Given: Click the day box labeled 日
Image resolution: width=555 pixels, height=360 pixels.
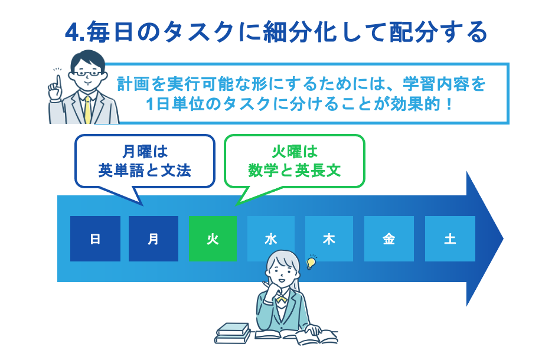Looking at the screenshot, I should pyautogui.click(x=95, y=238).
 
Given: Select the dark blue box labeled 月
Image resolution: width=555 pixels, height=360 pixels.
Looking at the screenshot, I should pyautogui.click(x=154, y=238).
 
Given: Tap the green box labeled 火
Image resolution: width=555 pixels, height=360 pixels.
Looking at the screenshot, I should pyautogui.click(x=213, y=238).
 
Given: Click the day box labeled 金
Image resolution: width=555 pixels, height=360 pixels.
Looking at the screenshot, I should pyautogui.click(x=388, y=238).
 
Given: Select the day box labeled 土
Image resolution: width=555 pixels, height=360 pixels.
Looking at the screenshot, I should pyautogui.click(x=450, y=238).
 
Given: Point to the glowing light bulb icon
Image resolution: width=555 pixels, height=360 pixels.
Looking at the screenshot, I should pyautogui.click(x=312, y=261).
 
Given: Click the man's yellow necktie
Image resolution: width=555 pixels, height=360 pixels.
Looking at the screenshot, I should pyautogui.click(x=88, y=109).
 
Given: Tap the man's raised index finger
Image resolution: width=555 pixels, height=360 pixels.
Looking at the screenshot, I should pyautogui.click(x=57, y=80).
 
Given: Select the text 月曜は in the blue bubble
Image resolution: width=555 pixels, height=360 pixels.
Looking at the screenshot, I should pyautogui.click(x=145, y=151).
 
